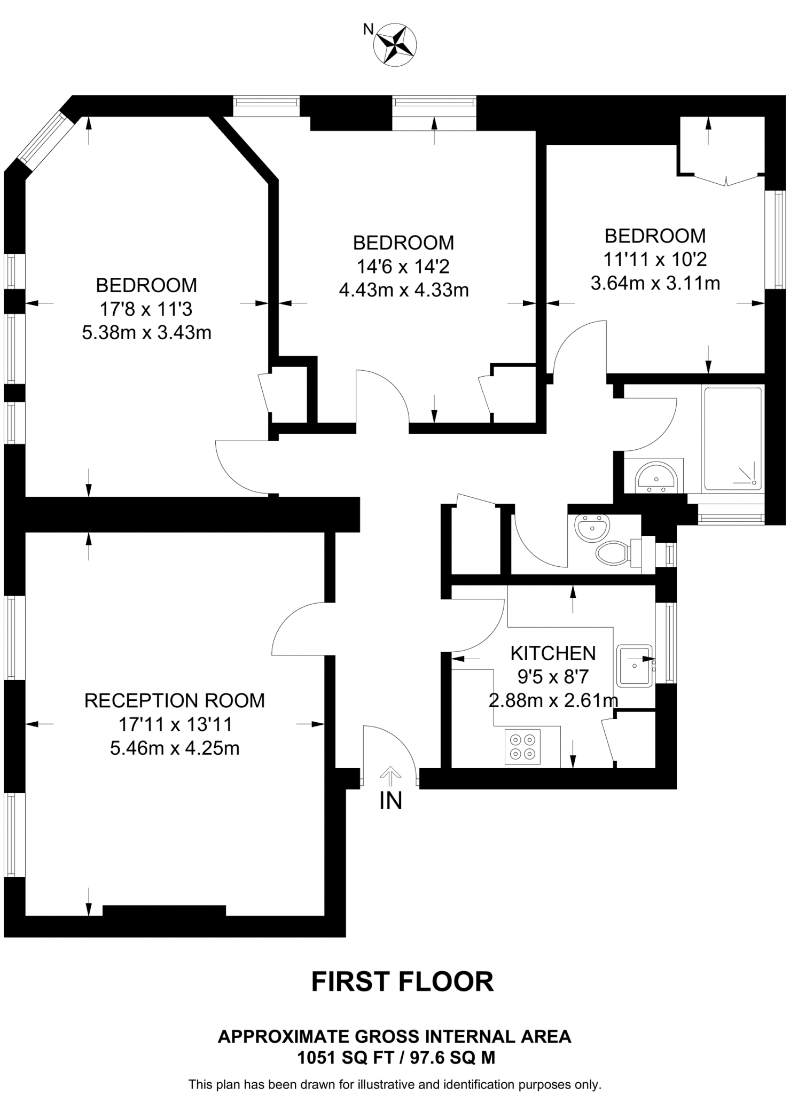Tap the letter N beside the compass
(x=368, y=29)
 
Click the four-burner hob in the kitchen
(x=522, y=747)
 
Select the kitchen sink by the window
(x=635, y=666)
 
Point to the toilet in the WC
(x=613, y=553)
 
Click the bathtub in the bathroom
(x=733, y=439)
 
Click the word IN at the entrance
(x=390, y=801)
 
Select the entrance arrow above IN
(x=390, y=776)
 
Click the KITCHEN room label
(x=553, y=653)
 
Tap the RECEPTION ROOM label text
(x=175, y=701)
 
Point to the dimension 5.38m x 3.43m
(x=146, y=333)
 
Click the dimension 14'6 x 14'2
(x=403, y=266)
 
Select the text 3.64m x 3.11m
(x=655, y=283)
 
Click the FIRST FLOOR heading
(x=402, y=981)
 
